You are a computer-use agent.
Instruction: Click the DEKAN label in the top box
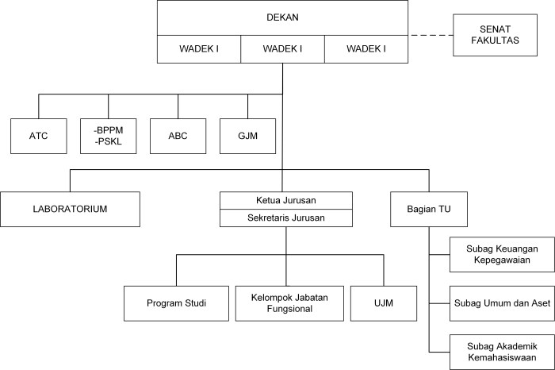[282, 17]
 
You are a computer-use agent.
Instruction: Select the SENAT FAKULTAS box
[489, 35]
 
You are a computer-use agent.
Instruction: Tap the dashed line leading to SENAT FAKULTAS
[431, 35]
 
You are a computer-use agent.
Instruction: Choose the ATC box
[39, 136]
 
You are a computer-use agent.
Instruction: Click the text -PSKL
[108, 142]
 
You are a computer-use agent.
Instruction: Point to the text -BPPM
[109, 129]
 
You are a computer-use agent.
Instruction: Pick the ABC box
[178, 136]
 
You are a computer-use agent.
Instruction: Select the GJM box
[247, 136]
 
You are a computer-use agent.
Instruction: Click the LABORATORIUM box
[70, 209]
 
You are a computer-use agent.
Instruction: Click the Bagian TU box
[428, 209]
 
